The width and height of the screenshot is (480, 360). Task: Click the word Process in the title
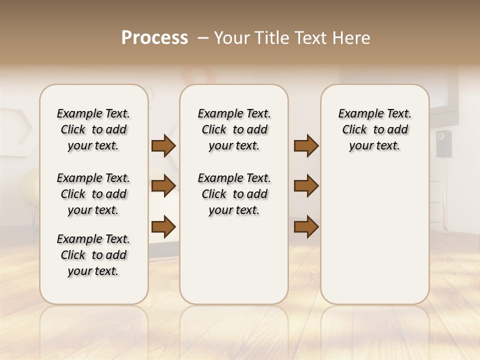(x=154, y=38)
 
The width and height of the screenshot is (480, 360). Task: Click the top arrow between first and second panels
(x=163, y=146)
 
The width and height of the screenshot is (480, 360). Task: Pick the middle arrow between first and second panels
(x=163, y=186)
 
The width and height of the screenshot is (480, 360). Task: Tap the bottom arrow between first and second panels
(x=163, y=226)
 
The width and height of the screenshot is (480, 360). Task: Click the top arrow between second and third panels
(x=306, y=146)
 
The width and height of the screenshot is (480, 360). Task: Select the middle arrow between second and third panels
(x=306, y=186)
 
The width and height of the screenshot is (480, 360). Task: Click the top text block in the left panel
(x=93, y=129)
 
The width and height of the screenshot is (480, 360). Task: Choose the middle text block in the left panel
(x=93, y=194)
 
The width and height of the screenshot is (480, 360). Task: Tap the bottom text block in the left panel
(x=93, y=255)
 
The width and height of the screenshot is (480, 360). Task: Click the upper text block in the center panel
(x=234, y=129)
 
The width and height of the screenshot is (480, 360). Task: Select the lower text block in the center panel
(x=234, y=194)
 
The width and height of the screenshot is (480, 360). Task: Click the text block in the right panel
(x=375, y=129)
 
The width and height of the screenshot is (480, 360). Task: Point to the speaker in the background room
(x=443, y=143)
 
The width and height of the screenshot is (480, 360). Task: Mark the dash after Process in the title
(x=203, y=38)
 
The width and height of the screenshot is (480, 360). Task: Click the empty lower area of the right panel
(x=375, y=235)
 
